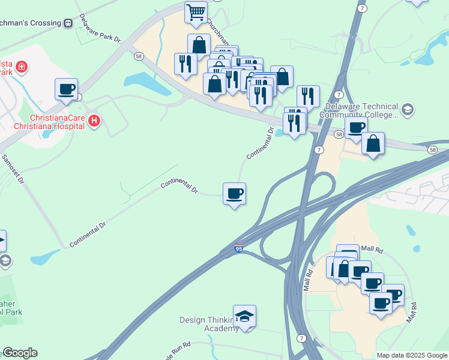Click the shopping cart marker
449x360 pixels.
[x=196, y=12]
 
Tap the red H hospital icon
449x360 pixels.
[x=94, y=122]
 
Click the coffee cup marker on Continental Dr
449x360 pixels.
[x=234, y=193]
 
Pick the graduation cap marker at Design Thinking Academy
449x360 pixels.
[x=244, y=316]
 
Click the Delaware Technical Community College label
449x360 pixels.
[x=361, y=110]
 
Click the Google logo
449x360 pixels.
[x=19, y=353]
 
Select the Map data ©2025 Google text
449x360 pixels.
[x=411, y=355]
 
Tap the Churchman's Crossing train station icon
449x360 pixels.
[x=68, y=23]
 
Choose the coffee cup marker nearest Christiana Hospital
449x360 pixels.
[x=66, y=89]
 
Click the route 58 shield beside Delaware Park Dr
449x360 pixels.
[x=139, y=56]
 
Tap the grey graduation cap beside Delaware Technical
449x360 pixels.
[x=408, y=109]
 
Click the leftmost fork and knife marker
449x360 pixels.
[x=185, y=64]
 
